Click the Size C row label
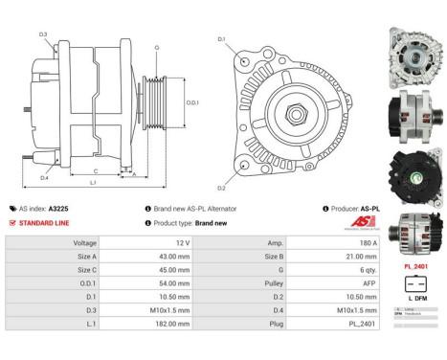tap(85, 270)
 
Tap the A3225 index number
tap(57, 208)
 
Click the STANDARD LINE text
tap(46, 222)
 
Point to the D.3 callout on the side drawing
tap(43, 34)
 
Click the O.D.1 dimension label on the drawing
tap(191, 102)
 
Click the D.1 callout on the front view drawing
tap(221, 39)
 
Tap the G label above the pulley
tap(156, 46)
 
